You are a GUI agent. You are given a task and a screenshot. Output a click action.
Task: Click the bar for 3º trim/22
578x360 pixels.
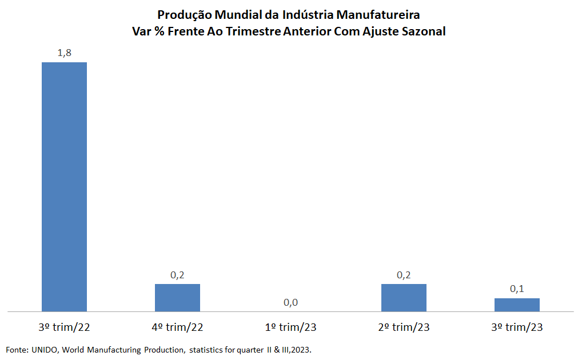64,187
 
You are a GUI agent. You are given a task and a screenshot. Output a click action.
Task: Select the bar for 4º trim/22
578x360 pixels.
177,298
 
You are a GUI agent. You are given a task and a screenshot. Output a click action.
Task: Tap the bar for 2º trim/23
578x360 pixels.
404,298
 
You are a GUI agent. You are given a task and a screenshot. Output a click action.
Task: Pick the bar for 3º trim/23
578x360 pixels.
517,305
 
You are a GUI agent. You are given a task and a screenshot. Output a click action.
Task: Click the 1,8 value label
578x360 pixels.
64,53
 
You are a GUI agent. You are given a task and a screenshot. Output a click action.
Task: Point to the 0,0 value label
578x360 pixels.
290,302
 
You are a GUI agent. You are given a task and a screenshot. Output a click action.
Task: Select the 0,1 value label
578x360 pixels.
517,289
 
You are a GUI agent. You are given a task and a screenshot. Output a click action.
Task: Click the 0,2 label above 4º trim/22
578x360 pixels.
177,275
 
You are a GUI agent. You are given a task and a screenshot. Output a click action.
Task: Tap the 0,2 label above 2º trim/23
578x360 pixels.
404,275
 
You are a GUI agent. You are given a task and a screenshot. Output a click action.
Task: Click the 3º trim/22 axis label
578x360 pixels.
64,327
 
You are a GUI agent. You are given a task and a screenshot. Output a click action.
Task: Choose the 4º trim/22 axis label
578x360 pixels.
177,327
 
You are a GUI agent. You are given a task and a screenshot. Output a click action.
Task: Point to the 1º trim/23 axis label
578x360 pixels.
290,327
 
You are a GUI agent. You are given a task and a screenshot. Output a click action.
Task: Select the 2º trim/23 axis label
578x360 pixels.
404,327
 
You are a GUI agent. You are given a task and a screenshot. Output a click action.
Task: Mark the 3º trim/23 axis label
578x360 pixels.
517,327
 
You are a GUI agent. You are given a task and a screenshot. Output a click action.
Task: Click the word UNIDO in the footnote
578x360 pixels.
43,349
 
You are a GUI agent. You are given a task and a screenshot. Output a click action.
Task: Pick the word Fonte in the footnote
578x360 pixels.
16,349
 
